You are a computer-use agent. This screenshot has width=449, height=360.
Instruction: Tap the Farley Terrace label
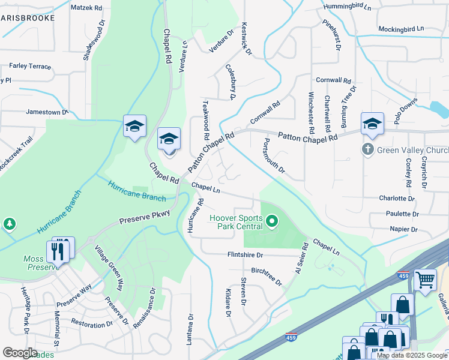click(x=30, y=67)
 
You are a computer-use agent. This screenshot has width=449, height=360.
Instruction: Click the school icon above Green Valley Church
click(x=372, y=125)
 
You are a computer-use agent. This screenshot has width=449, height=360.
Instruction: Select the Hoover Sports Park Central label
click(x=236, y=222)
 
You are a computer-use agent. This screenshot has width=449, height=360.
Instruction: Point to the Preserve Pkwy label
click(x=145, y=217)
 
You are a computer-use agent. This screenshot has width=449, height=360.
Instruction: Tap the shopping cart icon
click(x=425, y=278)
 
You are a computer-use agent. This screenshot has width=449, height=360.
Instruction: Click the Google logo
click(x=20, y=353)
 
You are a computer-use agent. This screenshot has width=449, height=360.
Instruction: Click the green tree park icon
click(x=10, y=224)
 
